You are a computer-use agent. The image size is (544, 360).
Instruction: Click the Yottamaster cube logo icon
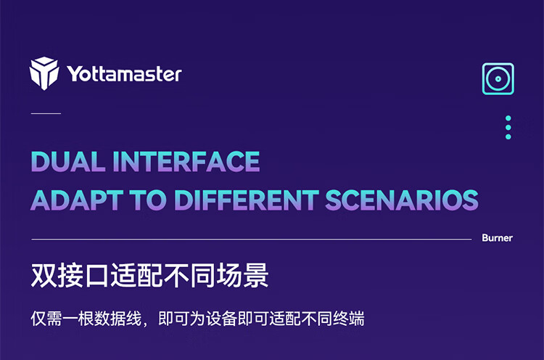point(44,73)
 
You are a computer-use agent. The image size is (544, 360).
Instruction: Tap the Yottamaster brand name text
point(124,74)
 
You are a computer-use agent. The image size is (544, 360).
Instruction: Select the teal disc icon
point(498,79)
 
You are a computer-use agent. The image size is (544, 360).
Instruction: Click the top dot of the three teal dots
point(508,118)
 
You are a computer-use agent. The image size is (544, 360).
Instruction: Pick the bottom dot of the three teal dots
point(508,136)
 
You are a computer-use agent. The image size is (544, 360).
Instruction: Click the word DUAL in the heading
point(68,161)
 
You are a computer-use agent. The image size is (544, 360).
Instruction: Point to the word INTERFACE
point(186,161)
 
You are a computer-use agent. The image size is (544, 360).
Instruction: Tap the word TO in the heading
point(148,200)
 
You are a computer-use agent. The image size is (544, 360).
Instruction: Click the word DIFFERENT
point(246,200)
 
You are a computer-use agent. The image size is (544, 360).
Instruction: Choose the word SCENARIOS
point(402,200)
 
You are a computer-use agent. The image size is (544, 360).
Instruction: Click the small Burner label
point(497,238)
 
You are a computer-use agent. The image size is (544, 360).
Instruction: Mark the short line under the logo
point(46,113)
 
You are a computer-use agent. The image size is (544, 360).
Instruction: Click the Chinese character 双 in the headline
point(44,275)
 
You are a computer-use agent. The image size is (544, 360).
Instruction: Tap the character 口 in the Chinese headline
point(96,276)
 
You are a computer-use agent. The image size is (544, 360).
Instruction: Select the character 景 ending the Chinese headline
point(256,275)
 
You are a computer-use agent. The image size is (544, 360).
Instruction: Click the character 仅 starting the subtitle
point(38,319)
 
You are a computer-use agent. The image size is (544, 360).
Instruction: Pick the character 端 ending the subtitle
point(357,319)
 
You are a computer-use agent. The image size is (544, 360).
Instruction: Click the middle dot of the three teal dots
point(508,128)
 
